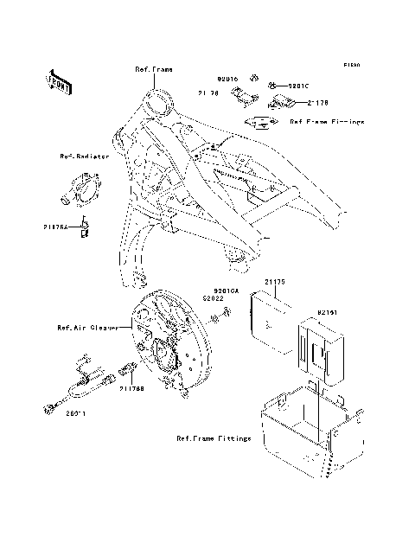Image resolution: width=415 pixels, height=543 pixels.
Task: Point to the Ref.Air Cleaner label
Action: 87,328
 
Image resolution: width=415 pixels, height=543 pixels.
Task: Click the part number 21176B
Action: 131,390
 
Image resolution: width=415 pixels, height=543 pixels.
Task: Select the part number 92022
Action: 214,297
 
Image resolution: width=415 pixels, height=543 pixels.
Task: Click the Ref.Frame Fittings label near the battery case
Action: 214,438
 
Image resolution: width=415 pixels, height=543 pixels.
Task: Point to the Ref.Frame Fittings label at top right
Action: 327,123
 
